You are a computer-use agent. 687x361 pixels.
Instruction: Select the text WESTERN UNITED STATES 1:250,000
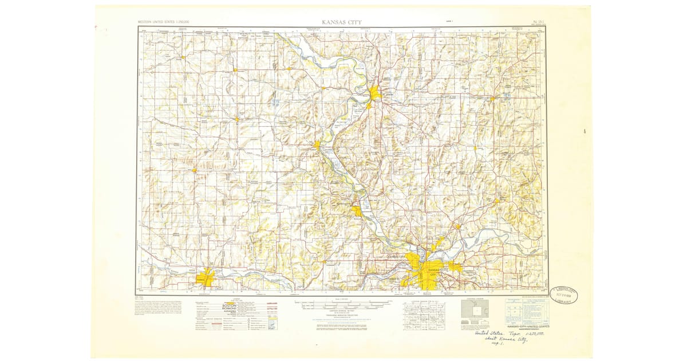(164, 22)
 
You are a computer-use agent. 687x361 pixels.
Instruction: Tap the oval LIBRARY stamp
(563, 295)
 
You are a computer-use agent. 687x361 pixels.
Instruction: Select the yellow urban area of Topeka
(205, 279)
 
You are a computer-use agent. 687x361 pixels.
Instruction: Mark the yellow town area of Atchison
(317, 146)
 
